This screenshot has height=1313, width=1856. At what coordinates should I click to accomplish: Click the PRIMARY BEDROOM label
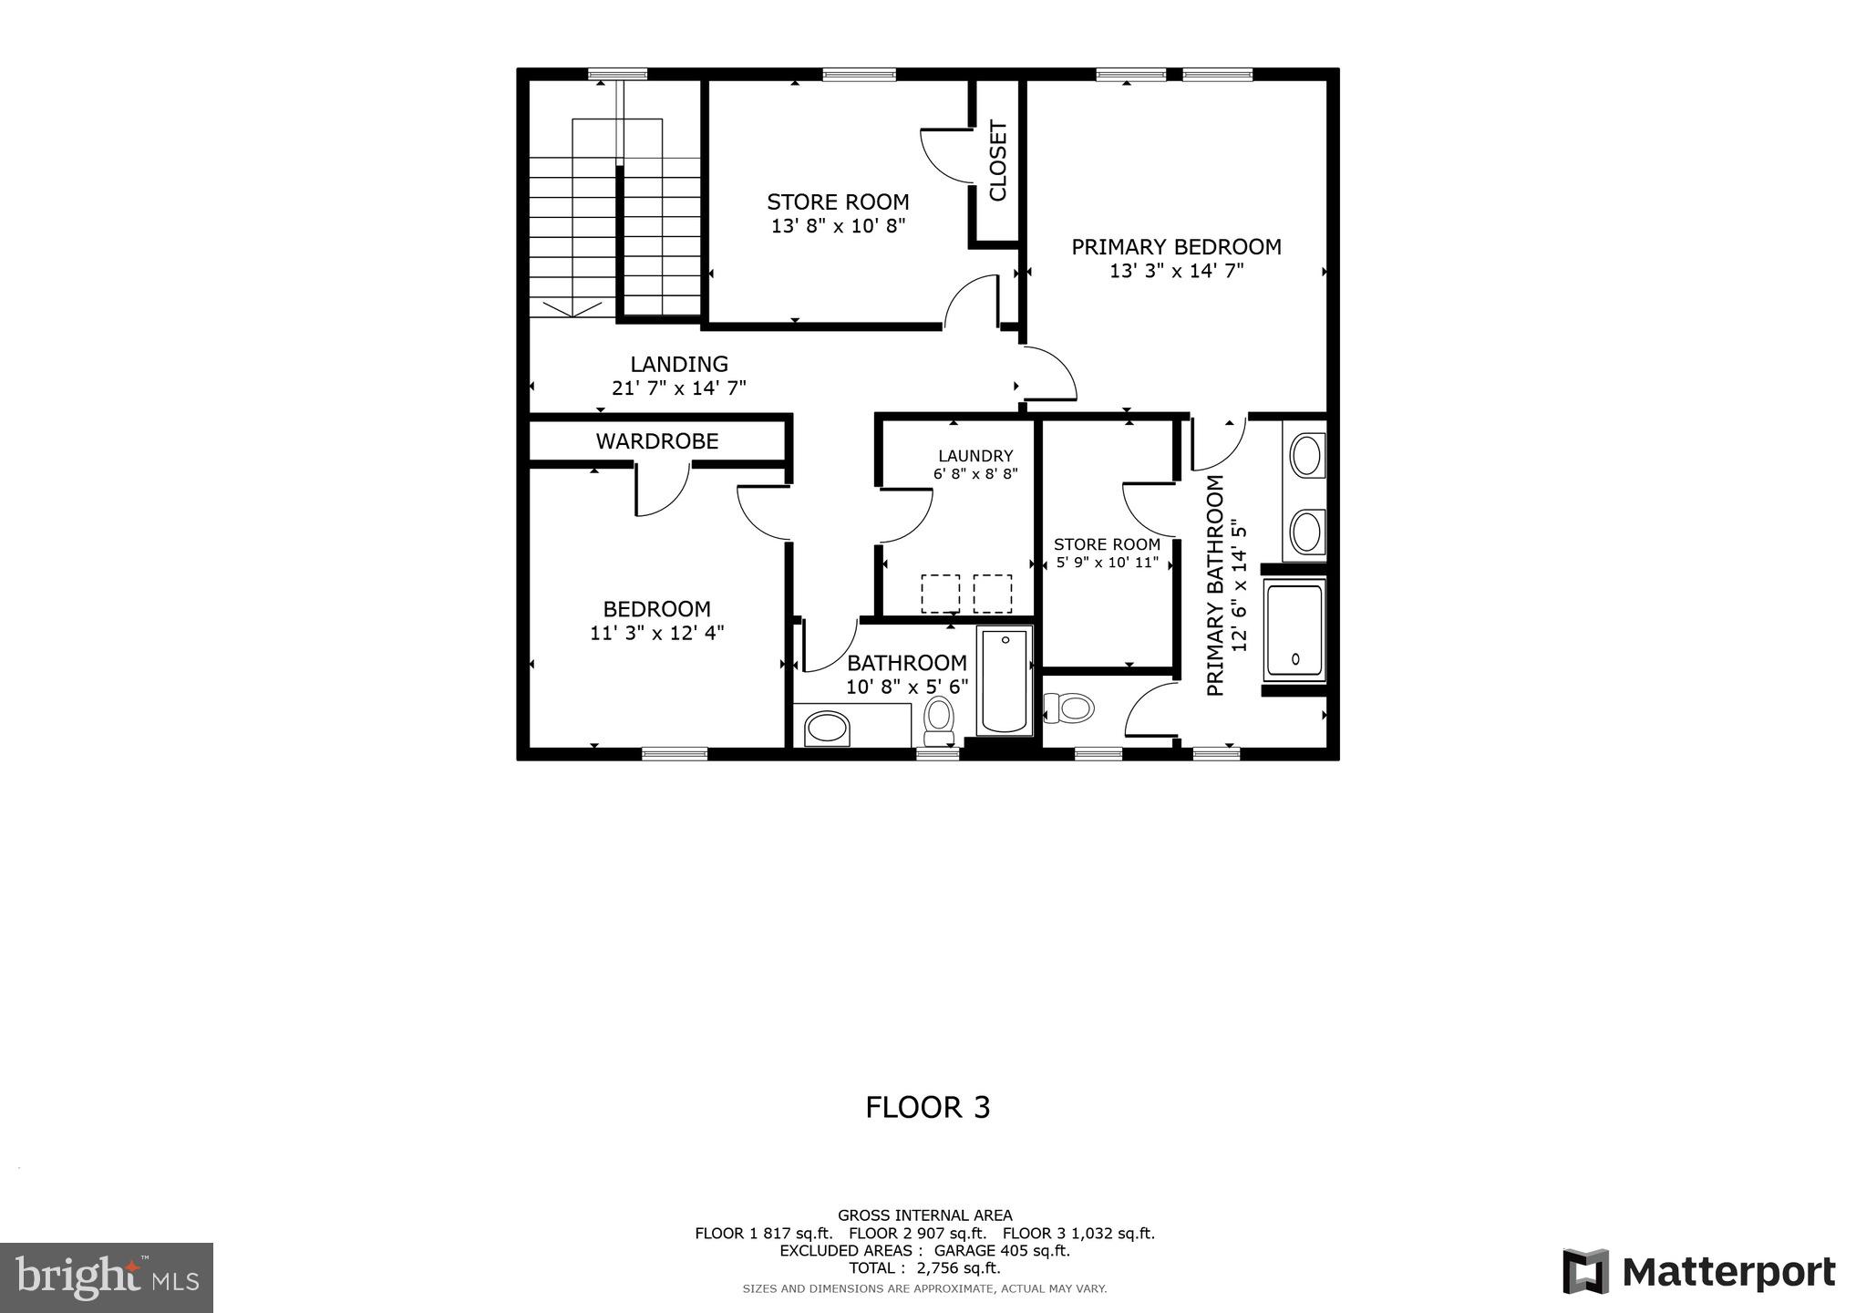[1176, 247]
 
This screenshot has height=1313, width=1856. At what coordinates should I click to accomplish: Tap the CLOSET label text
[997, 161]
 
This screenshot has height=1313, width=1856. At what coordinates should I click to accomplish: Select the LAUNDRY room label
[975, 456]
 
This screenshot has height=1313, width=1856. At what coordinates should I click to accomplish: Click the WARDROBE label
[657, 441]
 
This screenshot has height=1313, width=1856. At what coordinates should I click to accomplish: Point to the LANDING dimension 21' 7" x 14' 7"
[679, 388]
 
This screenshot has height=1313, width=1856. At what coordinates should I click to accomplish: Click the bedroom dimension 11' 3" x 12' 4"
[656, 633]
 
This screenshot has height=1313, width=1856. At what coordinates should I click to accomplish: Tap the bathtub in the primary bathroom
[1294, 631]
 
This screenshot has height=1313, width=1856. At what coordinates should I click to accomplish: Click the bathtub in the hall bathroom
[1005, 681]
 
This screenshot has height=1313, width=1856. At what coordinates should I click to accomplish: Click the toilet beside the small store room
[1068, 708]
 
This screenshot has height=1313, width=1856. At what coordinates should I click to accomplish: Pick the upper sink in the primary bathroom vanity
[1307, 456]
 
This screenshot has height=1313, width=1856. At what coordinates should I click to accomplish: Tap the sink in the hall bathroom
[828, 729]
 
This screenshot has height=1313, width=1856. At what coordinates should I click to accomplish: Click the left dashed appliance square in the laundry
[940, 594]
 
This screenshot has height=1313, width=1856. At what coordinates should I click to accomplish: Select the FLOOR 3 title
[927, 1107]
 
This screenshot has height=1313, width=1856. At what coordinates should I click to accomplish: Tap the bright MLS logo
[107, 1277]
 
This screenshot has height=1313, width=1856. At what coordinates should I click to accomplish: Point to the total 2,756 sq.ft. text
[924, 1268]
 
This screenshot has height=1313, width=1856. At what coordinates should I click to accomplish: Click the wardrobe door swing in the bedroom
[662, 491]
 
